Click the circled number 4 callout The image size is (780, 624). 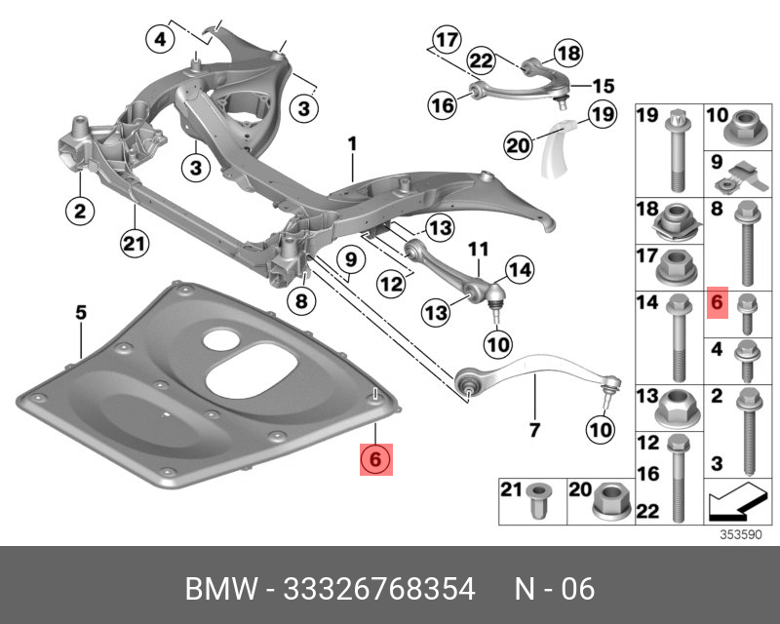click(x=160, y=40)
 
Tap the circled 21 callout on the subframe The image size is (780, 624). click(x=134, y=242)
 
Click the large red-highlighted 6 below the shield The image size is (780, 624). click(x=376, y=456)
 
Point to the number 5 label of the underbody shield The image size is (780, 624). click(x=81, y=313)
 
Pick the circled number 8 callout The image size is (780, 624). click(x=300, y=301)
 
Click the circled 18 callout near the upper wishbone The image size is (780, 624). click(x=567, y=54)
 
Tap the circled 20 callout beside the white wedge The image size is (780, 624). click(x=517, y=145)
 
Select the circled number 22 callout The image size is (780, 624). click(x=480, y=61)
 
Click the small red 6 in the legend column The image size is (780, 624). click(x=716, y=303)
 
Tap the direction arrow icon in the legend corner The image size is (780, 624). click(x=732, y=502)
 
